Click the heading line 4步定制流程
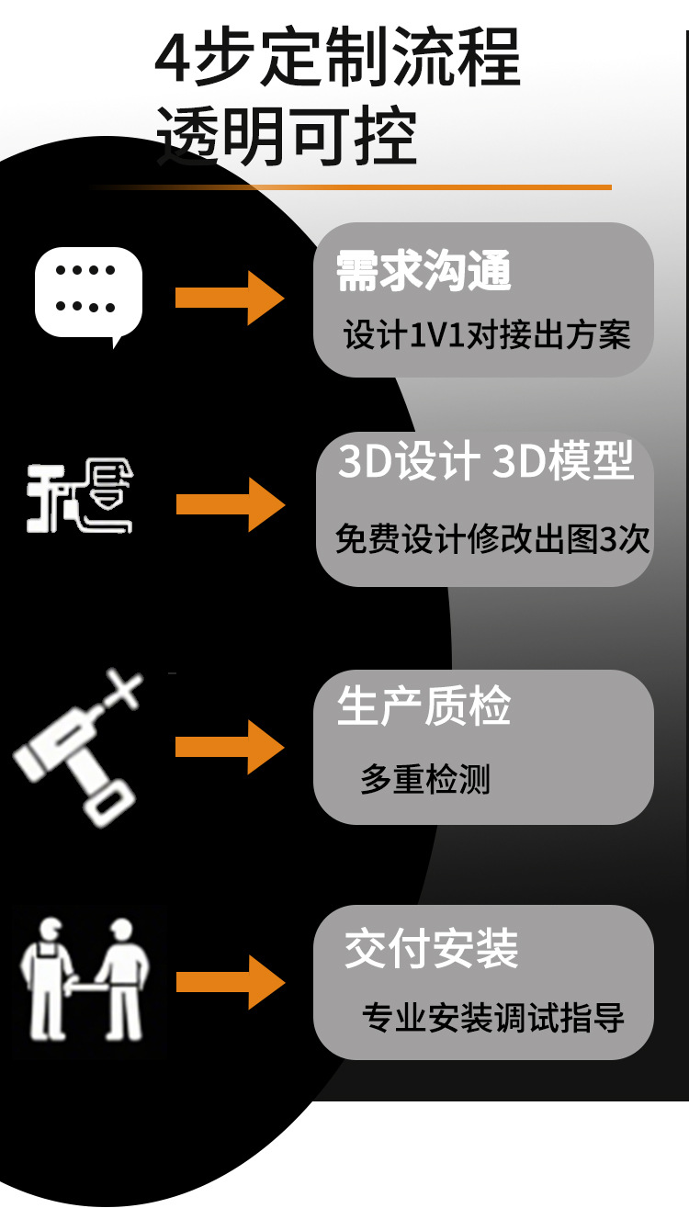(x=338, y=57)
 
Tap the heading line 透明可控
(x=286, y=137)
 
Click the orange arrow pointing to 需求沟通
(x=229, y=298)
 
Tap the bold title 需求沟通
(x=424, y=271)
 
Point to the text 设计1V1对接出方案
(x=487, y=335)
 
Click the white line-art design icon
(x=80, y=498)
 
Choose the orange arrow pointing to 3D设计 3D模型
(x=230, y=504)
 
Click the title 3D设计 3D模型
(x=485, y=462)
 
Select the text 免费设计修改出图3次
(x=492, y=539)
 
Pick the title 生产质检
(x=424, y=707)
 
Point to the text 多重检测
(x=424, y=780)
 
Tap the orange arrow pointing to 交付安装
(x=230, y=982)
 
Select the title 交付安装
(x=432, y=949)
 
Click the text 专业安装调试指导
(x=493, y=1018)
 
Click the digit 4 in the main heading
(x=172, y=59)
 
